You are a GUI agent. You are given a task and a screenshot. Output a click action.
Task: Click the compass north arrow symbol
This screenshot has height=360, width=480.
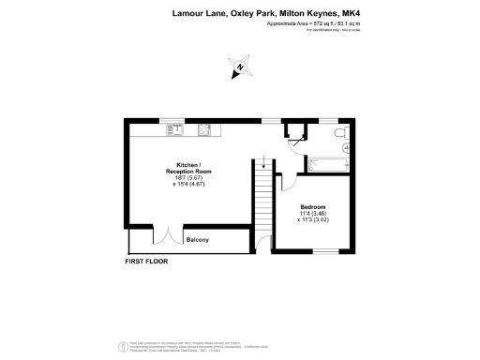pos(238,67)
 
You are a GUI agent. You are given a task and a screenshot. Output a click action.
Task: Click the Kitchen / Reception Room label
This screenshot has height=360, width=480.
pos(190,169)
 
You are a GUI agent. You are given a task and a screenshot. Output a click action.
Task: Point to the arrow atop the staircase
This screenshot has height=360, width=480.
pos(263,167)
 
